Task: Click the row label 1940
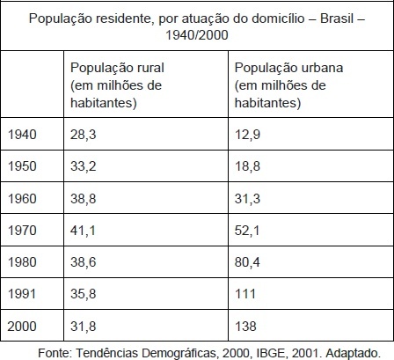(22, 135)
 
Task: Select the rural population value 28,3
(84, 135)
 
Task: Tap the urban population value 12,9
(247, 135)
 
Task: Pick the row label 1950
(22, 166)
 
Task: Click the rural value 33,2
(84, 166)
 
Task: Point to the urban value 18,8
(247, 166)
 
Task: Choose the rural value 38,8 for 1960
(84, 199)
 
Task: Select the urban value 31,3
(247, 199)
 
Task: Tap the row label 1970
(22, 231)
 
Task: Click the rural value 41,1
(83, 231)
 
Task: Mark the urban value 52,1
(247, 231)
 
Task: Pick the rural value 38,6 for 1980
(84, 262)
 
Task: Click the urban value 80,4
(247, 262)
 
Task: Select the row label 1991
(22, 294)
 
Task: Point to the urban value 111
(245, 294)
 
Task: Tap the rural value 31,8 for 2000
(84, 327)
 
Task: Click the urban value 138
(245, 327)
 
